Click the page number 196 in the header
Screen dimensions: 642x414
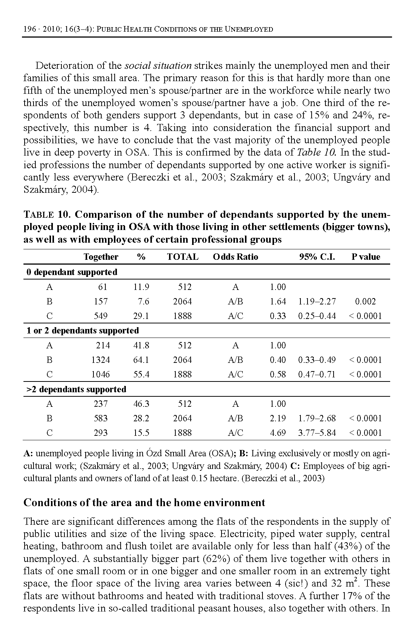click(x=29, y=29)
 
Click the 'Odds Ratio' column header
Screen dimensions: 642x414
click(x=235, y=257)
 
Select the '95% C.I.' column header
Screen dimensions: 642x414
click(x=317, y=257)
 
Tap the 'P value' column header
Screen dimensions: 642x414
click(x=366, y=257)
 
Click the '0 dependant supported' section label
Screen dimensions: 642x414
click(x=72, y=272)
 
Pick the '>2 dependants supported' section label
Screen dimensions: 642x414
click(x=76, y=389)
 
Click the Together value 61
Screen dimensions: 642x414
click(x=102, y=287)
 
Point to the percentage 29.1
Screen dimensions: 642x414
click(x=141, y=316)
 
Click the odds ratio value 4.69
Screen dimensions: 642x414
click(x=278, y=433)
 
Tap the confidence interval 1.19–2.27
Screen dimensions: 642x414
click(x=317, y=301)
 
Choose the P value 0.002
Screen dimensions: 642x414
click(x=365, y=301)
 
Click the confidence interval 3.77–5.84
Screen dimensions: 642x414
click(x=317, y=433)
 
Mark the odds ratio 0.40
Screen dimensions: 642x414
click(x=278, y=360)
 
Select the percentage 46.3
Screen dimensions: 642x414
click(x=141, y=404)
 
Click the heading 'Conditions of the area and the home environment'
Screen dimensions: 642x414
click(x=144, y=502)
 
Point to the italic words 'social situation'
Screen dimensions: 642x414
click(x=158, y=66)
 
